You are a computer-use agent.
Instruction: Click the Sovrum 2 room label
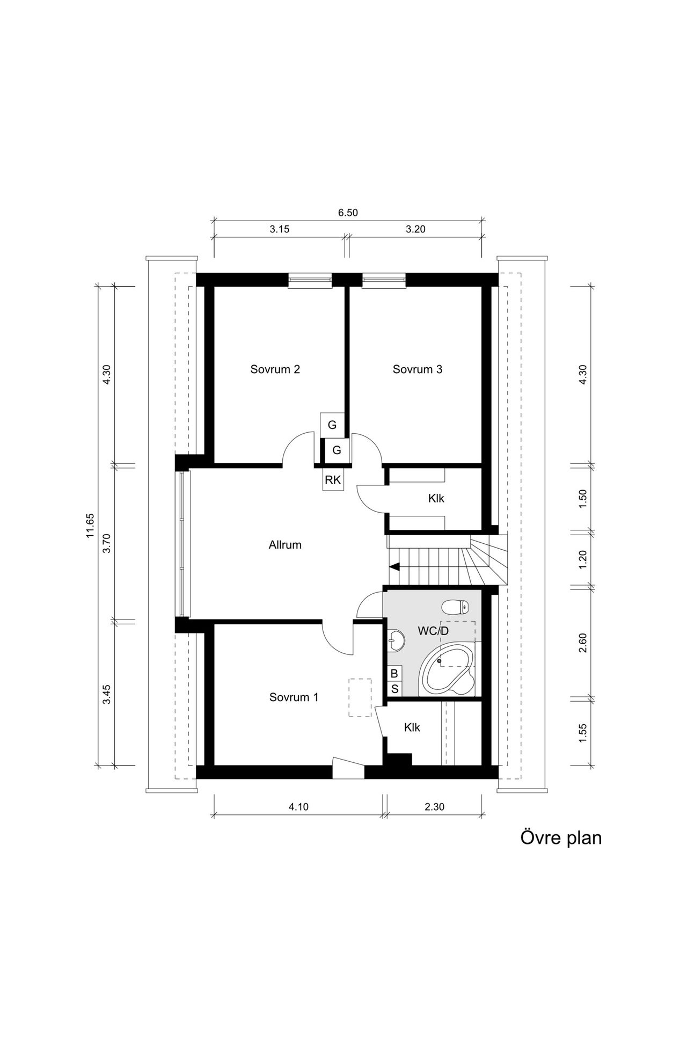pos(275,369)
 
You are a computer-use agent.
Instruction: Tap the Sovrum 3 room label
pos(418,369)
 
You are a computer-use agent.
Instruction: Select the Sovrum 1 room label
pos(294,697)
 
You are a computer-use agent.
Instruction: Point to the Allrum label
pos(285,545)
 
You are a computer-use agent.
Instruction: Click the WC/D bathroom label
pos(433,631)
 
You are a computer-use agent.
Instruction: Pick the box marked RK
pos(333,480)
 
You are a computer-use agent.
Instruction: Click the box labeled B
pos(394,673)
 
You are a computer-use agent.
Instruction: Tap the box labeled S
pos(394,689)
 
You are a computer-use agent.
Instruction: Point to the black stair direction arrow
pos(394,566)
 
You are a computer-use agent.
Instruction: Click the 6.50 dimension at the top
pos(348,213)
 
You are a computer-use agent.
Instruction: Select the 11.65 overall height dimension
pos(90,526)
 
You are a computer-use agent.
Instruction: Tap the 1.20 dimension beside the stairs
pos(583,560)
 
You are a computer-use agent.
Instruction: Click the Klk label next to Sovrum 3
pos(436,498)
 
